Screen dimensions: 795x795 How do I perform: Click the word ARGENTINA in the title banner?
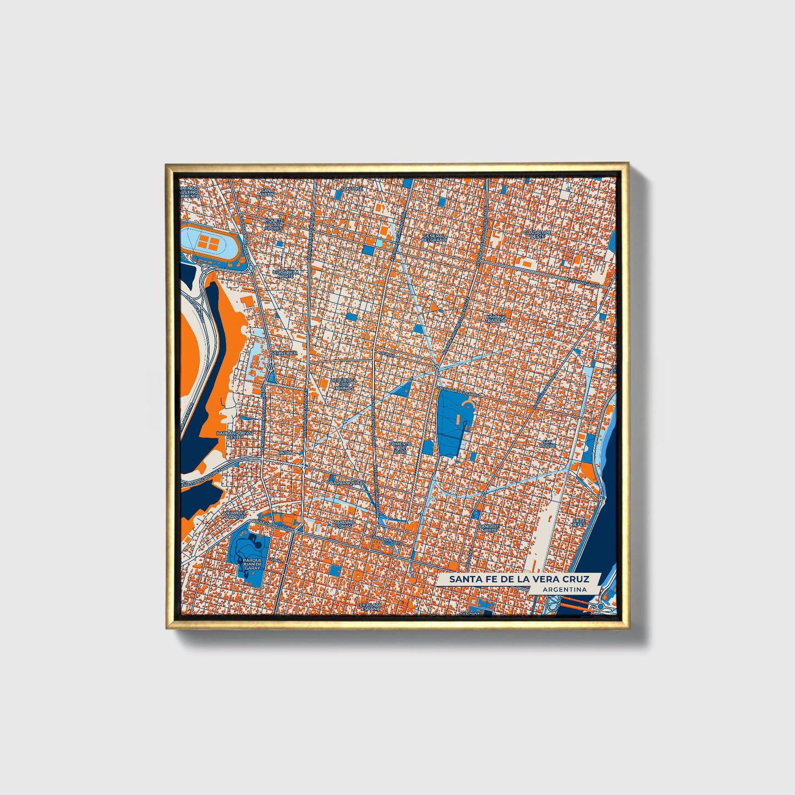(x=564, y=589)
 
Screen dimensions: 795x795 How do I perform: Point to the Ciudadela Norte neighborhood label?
(x=287, y=273)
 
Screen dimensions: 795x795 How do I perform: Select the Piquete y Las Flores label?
(x=273, y=226)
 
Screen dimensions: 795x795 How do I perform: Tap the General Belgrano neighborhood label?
(x=433, y=238)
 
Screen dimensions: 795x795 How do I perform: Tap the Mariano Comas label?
(x=344, y=524)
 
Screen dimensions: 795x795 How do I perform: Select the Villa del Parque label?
(x=233, y=515)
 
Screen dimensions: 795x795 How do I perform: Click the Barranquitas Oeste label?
(x=235, y=435)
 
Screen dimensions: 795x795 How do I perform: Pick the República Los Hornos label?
(x=344, y=383)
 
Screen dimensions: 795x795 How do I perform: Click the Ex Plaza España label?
(x=370, y=606)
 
